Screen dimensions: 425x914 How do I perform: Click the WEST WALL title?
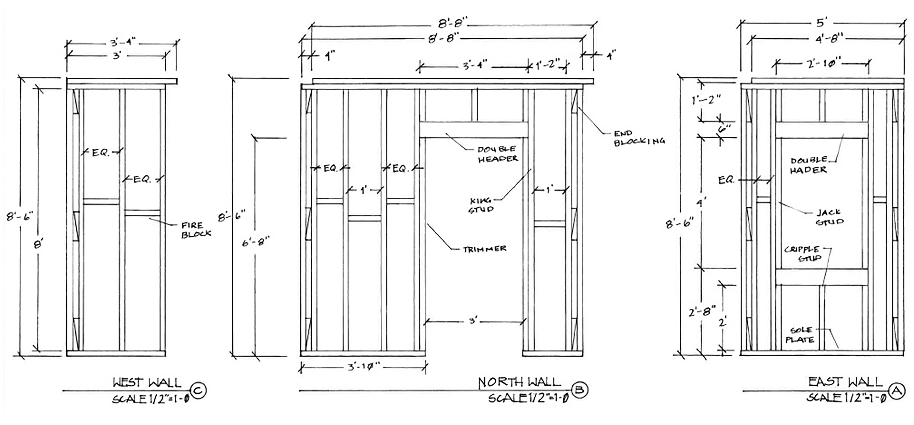pos(147,383)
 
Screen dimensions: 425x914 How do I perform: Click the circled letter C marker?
pos(198,391)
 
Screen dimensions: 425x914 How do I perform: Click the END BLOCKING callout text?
pos(639,138)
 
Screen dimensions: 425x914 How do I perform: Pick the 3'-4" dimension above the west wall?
pos(121,43)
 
